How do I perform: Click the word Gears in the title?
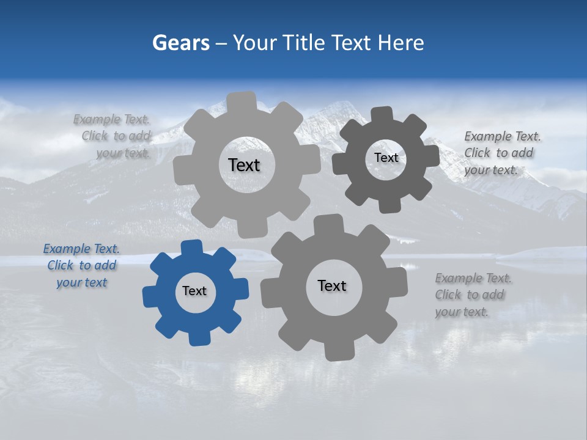[181, 43]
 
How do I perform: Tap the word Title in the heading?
[304, 43]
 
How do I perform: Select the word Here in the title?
[401, 43]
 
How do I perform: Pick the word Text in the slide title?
[353, 43]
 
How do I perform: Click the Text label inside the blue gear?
[194, 291]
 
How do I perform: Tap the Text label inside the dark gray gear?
[386, 158]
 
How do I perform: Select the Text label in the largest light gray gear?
[244, 165]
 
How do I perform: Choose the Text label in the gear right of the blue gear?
[332, 285]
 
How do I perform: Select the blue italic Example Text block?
[81, 266]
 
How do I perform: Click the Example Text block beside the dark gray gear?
[503, 153]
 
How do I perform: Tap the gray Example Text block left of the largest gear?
[113, 136]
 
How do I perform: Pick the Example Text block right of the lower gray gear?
[473, 295]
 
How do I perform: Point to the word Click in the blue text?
[61, 266]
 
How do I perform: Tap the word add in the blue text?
[105, 266]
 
